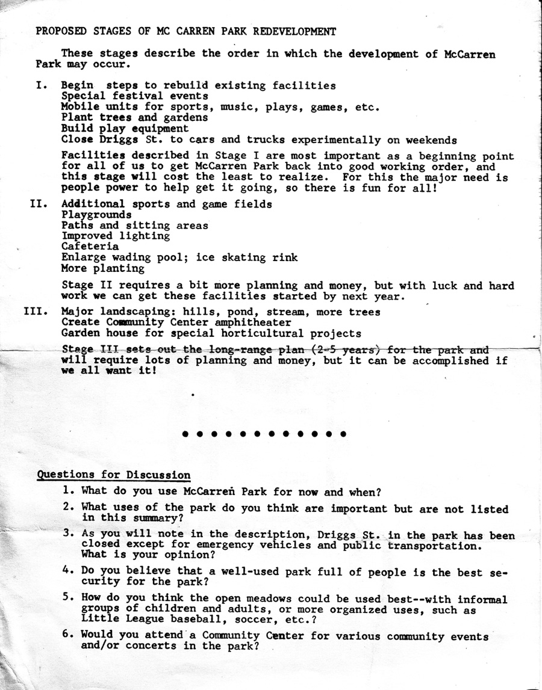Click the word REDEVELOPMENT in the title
coord(294,31)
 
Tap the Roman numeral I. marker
coord(42,85)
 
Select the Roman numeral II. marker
coord(39,204)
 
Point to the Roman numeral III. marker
coord(36,312)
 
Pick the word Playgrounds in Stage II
coord(96,215)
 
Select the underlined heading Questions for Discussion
coord(114,475)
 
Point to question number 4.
coord(69,571)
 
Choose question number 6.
coord(69,635)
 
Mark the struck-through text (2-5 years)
coord(345,350)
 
